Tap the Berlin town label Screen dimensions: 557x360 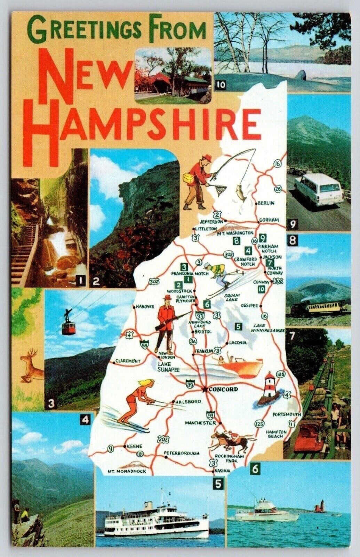tap(267, 203)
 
